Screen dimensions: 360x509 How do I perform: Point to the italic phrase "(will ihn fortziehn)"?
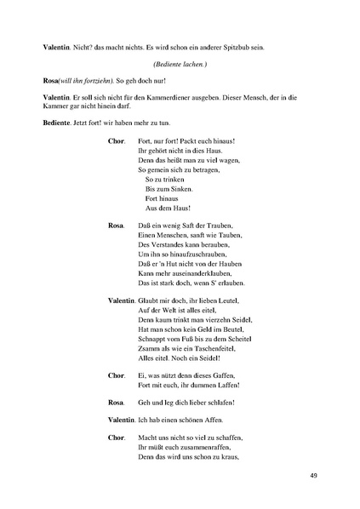[89, 79]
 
